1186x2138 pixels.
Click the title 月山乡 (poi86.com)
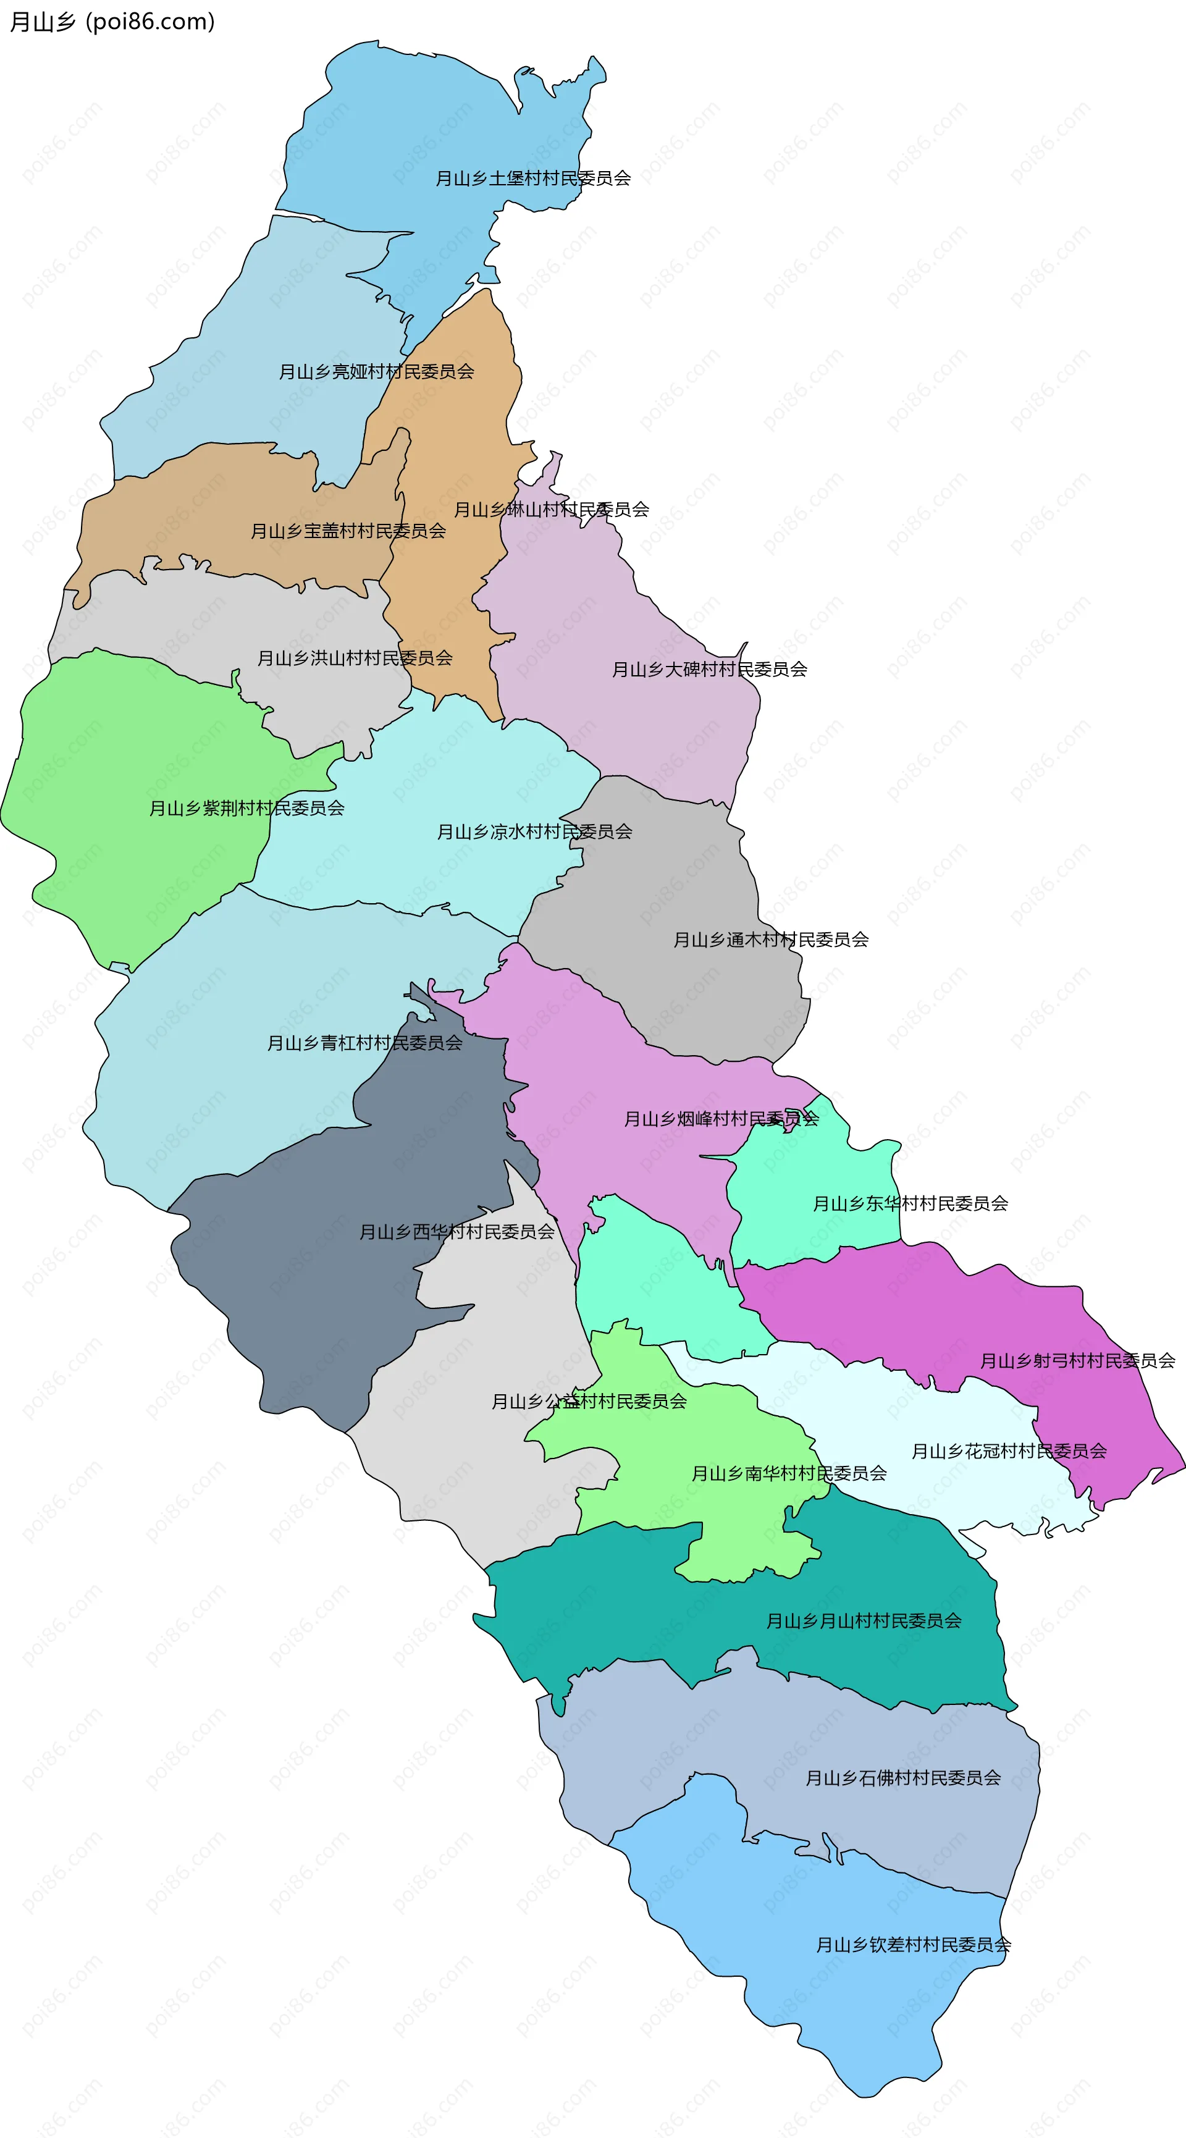112,22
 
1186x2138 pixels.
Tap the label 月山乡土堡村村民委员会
533,179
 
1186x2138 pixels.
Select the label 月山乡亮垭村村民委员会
376,372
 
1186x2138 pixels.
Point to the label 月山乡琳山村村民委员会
551,510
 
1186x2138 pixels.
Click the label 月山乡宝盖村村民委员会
348,531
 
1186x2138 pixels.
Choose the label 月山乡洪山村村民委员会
355,658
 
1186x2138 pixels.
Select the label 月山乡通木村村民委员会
770,940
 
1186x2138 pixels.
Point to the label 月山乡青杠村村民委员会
364,1043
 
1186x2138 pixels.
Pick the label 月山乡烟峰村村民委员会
721,1119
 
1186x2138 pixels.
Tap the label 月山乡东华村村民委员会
910,1203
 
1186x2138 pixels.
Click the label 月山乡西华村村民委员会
456,1232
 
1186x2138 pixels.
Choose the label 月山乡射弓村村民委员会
1077,1361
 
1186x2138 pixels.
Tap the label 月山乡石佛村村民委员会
903,1778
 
